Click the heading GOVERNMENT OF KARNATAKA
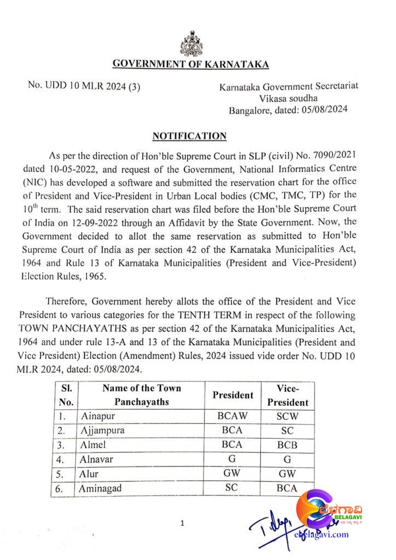[x=190, y=65]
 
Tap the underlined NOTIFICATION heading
[x=189, y=136]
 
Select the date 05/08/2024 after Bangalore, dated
[x=324, y=109]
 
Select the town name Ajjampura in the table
[x=103, y=430]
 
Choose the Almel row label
[x=94, y=445]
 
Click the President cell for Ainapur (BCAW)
[x=232, y=415]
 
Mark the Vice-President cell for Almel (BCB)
[x=287, y=445]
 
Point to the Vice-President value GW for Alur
[x=287, y=474]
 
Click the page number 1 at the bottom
[x=182, y=524]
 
